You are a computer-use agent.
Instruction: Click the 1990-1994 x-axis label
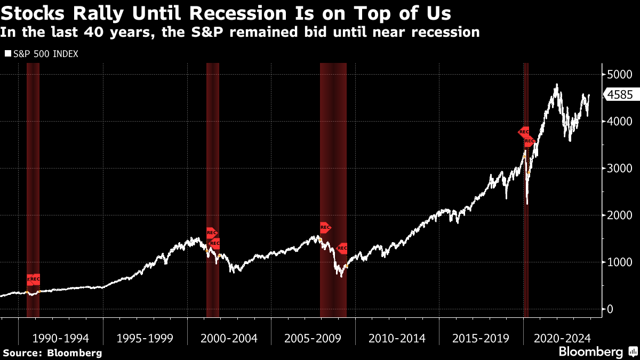tap(60, 338)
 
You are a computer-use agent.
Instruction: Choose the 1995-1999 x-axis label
tap(145, 338)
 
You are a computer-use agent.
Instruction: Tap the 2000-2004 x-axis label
tap(229, 338)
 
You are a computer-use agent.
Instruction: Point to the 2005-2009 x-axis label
tap(313, 338)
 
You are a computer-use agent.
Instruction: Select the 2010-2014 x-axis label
tap(397, 338)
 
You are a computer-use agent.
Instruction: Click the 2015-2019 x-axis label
tap(481, 338)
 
